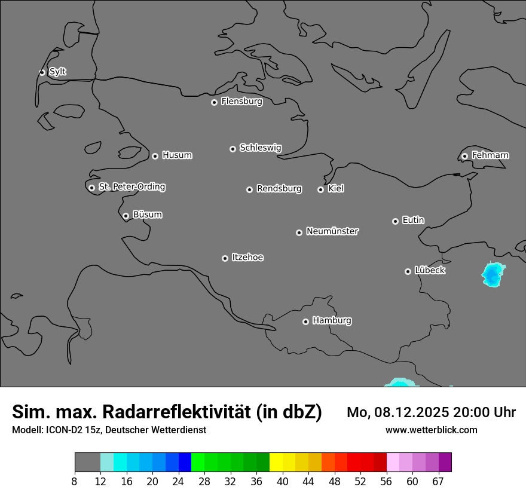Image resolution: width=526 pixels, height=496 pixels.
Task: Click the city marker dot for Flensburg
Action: tap(214, 102)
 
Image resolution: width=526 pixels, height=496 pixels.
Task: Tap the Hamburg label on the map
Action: tap(332, 320)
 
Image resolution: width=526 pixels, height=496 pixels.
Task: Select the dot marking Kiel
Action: tap(320, 189)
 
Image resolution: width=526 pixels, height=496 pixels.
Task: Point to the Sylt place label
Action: tap(57, 72)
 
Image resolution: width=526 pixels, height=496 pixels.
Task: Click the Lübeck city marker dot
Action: tap(408, 271)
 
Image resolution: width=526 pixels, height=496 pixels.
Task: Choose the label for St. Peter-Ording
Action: tap(131, 186)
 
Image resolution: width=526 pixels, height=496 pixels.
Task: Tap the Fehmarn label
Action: tap(490, 155)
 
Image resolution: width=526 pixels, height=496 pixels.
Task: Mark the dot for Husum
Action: tap(155, 156)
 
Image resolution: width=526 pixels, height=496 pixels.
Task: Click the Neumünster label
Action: tap(332, 231)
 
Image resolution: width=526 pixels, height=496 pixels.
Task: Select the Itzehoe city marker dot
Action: tap(225, 258)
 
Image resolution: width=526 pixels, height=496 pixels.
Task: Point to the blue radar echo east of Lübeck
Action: tap(492, 275)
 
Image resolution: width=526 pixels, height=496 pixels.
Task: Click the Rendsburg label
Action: tap(279, 189)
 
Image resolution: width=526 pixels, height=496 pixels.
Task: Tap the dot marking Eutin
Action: tap(395, 221)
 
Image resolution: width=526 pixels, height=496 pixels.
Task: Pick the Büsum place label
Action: tap(148, 215)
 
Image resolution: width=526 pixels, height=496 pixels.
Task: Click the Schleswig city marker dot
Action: tap(233, 149)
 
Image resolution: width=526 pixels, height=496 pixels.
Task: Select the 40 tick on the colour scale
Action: tap(283, 482)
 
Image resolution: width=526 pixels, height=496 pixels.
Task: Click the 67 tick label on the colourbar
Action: tap(438, 482)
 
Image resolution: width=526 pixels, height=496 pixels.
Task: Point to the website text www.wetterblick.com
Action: tap(431, 430)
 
